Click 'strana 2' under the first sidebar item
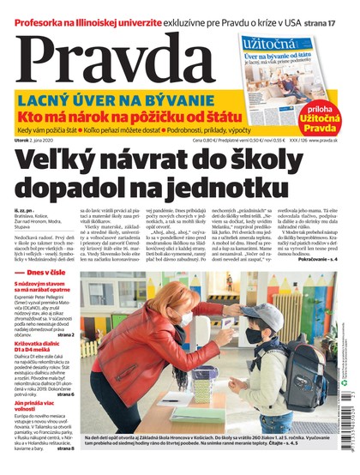(65, 335)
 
